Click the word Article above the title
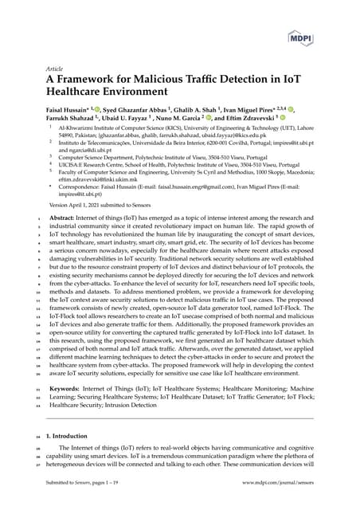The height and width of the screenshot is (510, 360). pos(55,69)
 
